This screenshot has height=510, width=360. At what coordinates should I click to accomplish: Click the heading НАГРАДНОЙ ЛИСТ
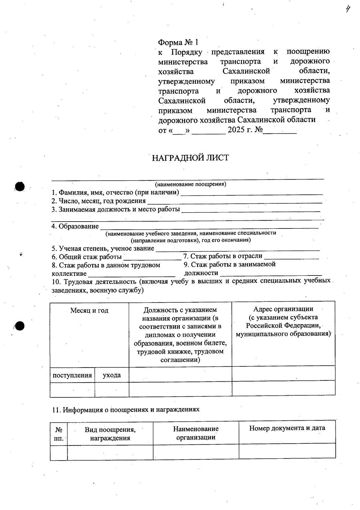[190, 158]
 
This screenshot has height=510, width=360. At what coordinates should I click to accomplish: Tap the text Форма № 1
[178, 42]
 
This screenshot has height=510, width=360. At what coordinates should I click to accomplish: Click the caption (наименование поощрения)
[190, 184]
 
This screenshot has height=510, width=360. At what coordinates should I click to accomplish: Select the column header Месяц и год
[89, 311]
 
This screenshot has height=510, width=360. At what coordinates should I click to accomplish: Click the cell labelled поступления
[72, 375]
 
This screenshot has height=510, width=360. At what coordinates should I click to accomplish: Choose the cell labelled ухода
[112, 375]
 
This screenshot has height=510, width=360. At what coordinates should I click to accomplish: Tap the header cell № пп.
[59, 434]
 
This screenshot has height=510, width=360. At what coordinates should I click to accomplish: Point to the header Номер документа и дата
[287, 428]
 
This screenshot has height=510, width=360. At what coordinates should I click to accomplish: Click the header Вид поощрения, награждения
[110, 434]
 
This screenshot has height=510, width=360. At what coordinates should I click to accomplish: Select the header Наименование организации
[196, 433]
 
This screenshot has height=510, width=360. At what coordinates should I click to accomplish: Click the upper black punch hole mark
[19, 186]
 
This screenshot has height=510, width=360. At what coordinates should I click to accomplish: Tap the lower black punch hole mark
[20, 326]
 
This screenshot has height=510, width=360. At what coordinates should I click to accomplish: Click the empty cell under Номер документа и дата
[287, 451]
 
